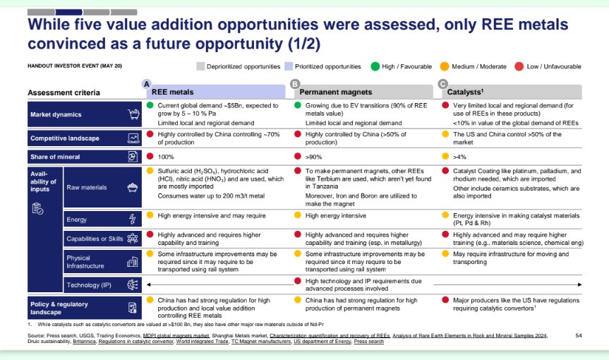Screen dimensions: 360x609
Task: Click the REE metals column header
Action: point(173,92)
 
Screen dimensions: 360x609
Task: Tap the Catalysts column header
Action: point(465,92)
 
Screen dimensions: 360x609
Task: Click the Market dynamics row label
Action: point(56,114)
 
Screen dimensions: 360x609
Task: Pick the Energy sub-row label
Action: point(76,220)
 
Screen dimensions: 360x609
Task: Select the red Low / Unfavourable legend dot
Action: point(519,66)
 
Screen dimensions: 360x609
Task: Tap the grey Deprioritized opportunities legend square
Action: point(200,66)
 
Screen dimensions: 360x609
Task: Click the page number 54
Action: point(579,335)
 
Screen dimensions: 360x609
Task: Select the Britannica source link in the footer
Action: point(87,342)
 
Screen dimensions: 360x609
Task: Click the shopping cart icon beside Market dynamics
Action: point(132,114)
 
